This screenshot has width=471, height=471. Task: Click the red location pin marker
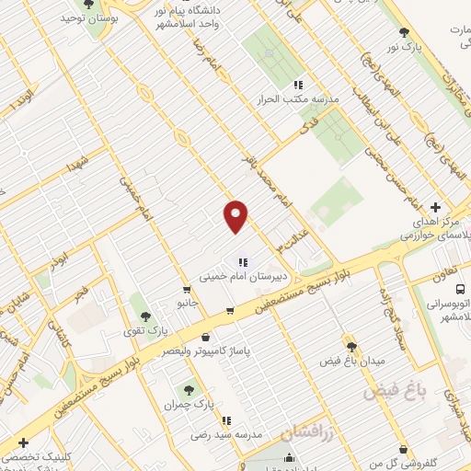[236, 216]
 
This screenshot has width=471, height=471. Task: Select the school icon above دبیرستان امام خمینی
[242, 261]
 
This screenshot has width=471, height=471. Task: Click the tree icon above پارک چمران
[190, 390]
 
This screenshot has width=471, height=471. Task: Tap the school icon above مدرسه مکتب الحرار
[299, 84]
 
